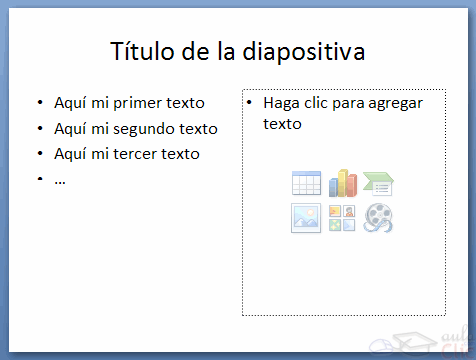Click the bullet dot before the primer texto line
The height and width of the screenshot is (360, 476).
39,103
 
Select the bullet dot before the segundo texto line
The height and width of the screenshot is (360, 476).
39,129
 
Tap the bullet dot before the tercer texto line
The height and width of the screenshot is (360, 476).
39,154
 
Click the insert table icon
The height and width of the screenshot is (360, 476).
306,183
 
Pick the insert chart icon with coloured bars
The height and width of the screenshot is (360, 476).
343,182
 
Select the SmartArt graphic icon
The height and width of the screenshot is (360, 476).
379,183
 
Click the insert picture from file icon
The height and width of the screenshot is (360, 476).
306,218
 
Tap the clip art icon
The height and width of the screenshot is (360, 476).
342,218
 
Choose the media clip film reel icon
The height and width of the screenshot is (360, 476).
379,218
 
